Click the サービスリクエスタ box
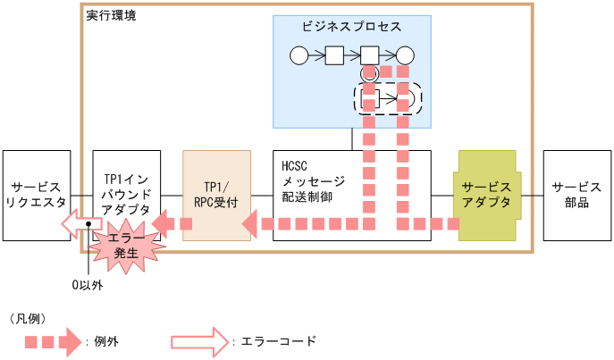[36, 195]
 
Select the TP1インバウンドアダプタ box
[126, 179]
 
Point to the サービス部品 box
[576, 195]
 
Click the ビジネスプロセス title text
[352, 27]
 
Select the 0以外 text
[88, 286]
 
